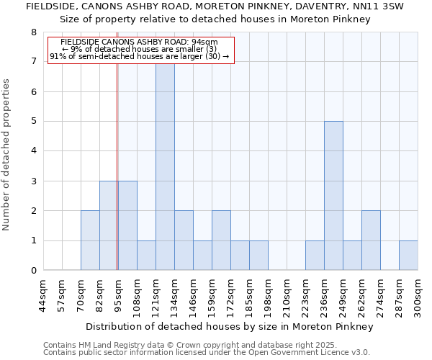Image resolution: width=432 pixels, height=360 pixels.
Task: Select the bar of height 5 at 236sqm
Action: click(x=333, y=196)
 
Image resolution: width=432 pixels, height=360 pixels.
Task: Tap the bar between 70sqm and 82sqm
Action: click(x=90, y=240)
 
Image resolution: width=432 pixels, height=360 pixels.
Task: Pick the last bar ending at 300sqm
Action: click(x=408, y=256)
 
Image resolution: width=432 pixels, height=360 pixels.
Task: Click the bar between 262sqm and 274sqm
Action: click(x=371, y=240)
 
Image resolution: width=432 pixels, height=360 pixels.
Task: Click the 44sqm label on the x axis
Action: click(x=43, y=294)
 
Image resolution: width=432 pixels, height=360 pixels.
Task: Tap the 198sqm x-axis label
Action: click(x=268, y=294)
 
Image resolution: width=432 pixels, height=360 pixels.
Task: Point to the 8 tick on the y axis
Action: click(x=33, y=32)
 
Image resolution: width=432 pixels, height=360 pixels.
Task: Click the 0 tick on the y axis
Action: click(x=33, y=271)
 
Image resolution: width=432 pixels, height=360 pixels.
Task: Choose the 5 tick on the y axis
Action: click(x=33, y=122)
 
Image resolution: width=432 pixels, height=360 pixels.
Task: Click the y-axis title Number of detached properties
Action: click(x=7, y=154)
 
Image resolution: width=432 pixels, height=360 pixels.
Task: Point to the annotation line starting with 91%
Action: click(x=140, y=56)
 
